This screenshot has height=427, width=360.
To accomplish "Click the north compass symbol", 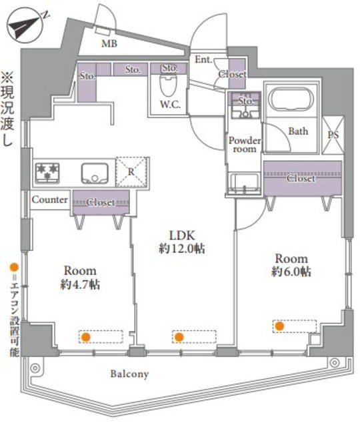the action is click(x=25, y=25).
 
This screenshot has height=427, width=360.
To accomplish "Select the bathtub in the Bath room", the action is click(x=291, y=99).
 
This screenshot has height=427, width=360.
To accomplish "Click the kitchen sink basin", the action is click(x=95, y=173).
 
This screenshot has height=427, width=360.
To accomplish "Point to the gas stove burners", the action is click(x=47, y=172).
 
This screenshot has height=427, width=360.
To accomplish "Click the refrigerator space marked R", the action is click(x=131, y=172).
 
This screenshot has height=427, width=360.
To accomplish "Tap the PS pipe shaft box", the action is click(x=333, y=134).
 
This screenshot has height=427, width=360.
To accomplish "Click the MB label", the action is click(x=109, y=43).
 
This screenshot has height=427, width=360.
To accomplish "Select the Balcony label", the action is click(x=129, y=374).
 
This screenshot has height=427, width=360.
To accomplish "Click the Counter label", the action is click(x=50, y=199).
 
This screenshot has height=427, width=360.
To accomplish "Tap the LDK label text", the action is click(x=182, y=235).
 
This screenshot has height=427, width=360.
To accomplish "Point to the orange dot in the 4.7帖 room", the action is click(x=86, y=337).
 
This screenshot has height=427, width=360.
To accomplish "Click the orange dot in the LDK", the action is click(x=179, y=337).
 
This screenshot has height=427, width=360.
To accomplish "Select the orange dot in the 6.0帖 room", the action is click(x=279, y=326).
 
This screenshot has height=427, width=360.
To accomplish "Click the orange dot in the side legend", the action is click(x=14, y=267).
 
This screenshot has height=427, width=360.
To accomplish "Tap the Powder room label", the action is click(x=245, y=145).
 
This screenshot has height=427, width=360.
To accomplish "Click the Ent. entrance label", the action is click(x=203, y=59).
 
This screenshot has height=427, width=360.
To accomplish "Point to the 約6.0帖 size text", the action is click(x=291, y=272).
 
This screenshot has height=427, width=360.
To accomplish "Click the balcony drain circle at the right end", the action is click(x=334, y=363).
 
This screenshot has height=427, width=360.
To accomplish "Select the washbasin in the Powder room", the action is click(x=244, y=183).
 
